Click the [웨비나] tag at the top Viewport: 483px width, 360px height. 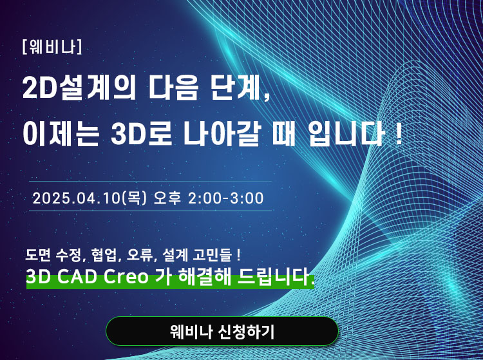pos(52,47)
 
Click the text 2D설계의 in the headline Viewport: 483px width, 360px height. pos(79,88)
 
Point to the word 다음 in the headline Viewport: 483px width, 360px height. pos(173,88)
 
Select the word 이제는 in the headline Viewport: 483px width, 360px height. pos(61,134)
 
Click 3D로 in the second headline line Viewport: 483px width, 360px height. pos(142,134)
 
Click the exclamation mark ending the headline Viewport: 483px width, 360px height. pos(399,134)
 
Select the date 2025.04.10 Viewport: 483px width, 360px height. pos(76,198)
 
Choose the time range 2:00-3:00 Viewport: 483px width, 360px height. pos(226,198)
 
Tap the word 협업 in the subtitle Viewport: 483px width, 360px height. pos(105,255)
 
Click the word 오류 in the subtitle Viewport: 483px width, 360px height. pos(140,255)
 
